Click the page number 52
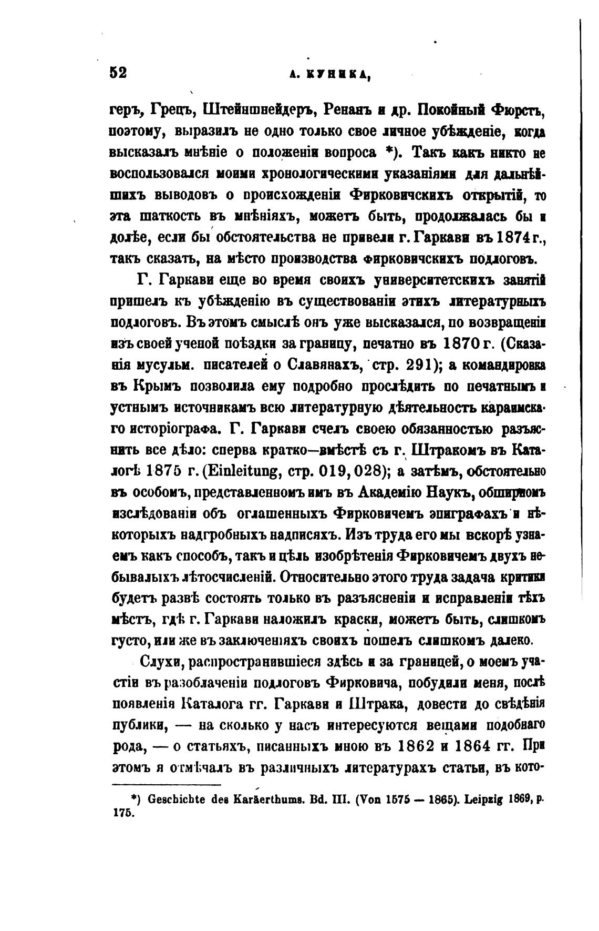pyautogui.click(x=118, y=73)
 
